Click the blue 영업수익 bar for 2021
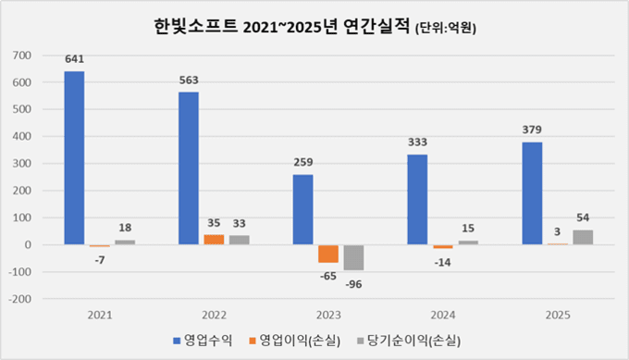click(x=74, y=157)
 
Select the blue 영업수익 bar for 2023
click(x=303, y=209)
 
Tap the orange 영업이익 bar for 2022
click(x=214, y=240)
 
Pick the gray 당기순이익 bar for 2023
click(x=353, y=257)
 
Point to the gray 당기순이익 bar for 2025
click(x=583, y=237)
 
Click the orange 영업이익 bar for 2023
click(x=328, y=254)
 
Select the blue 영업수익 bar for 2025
click(x=532, y=193)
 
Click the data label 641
click(x=74, y=59)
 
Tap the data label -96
click(x=354, y=283)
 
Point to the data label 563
click(x=190, y=80)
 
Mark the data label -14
click(x=443, y=262)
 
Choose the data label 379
click(x=532, y=130)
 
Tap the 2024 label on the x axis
click(x=442, y=316)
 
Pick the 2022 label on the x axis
click(x=214, y=316)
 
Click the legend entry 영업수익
click(x=203, y=341)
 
